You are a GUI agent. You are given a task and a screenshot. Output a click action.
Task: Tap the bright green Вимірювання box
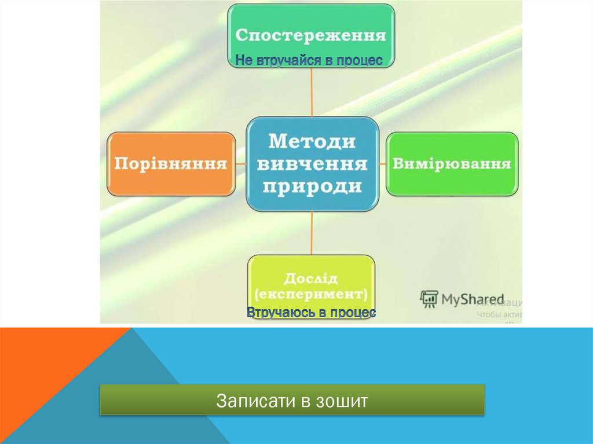pos(452,164)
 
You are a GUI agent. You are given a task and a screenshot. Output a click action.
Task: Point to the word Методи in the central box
pos(312,141)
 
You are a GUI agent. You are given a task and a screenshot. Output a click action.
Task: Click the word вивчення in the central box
pos(312,164)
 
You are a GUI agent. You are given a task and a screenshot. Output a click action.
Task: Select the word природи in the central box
pos(312,186)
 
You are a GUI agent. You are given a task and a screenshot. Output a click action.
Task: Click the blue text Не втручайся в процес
pos(309,60)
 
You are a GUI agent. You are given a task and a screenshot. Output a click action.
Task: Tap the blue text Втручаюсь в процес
pos(311,313)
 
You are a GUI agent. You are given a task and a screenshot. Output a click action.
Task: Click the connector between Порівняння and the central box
pos(241,164)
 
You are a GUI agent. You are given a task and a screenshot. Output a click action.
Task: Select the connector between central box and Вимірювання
pos(383,164)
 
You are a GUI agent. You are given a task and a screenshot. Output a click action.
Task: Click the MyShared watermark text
pos(473,299)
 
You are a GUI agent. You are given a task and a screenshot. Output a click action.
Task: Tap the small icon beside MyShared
pos(429,298)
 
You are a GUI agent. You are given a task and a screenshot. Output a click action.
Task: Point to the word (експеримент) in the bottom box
pos(311,294)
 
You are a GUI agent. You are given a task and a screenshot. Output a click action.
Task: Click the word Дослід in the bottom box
pos(311,278)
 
